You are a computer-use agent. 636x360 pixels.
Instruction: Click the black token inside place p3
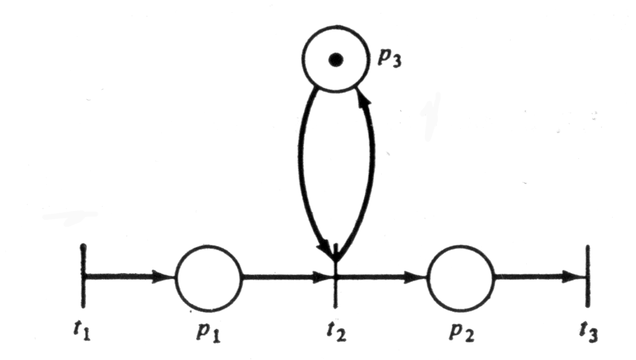point(336,60)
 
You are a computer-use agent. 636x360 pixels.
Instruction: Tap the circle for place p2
point(461,277)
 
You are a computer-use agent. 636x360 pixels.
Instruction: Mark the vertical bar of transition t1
point(83,292)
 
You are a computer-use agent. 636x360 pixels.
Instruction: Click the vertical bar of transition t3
point(588,292)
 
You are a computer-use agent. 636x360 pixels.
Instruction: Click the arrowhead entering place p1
point(162,277)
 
